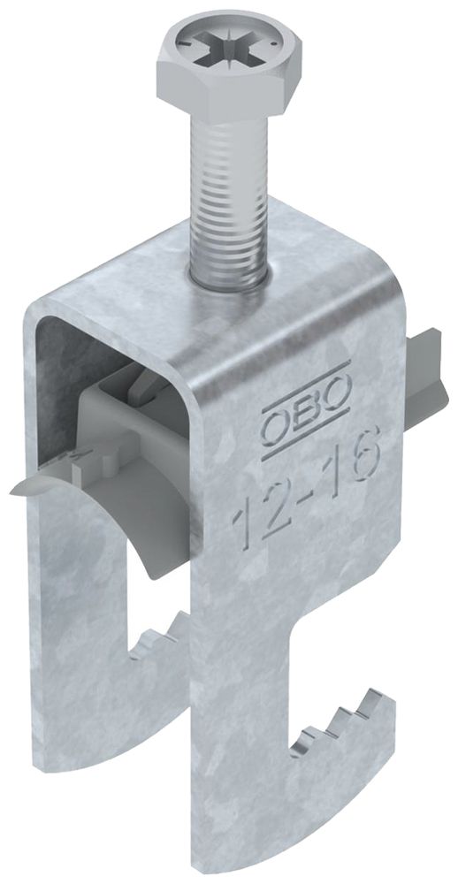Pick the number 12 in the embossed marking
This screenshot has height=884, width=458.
pos(256,514)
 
